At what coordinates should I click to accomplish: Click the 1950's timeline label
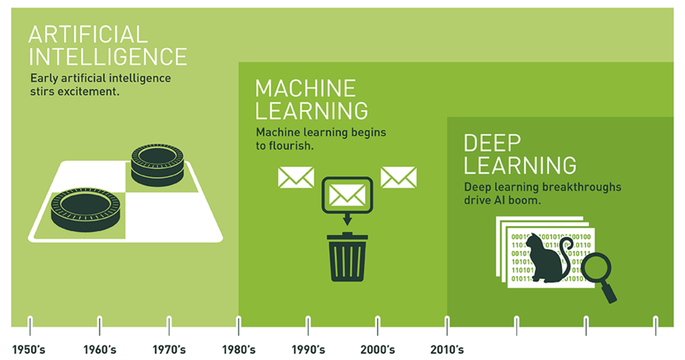coord(28,350)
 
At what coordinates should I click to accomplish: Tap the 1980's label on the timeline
coord(239,350)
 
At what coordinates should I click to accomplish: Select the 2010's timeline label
coord(447,350)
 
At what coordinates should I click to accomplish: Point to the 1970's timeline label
coord(169,350)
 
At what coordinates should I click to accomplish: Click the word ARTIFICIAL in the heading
coord(88,35)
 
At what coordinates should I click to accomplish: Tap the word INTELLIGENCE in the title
coord(108,56)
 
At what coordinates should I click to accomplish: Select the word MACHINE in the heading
coord(306,89)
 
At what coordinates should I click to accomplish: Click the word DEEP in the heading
coord(492,143)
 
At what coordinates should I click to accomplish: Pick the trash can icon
coord(347,257)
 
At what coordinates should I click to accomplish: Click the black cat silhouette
coord(547,259)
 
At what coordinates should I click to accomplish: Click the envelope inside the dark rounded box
coord(347,195)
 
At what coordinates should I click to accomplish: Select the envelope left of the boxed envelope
coord(296,177)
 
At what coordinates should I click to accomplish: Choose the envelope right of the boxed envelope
coord(398,177)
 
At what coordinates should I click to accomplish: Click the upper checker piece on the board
coord(158,165)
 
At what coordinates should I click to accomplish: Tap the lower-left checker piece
coord(85,210)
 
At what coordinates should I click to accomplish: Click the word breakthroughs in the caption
coord(580,187)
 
